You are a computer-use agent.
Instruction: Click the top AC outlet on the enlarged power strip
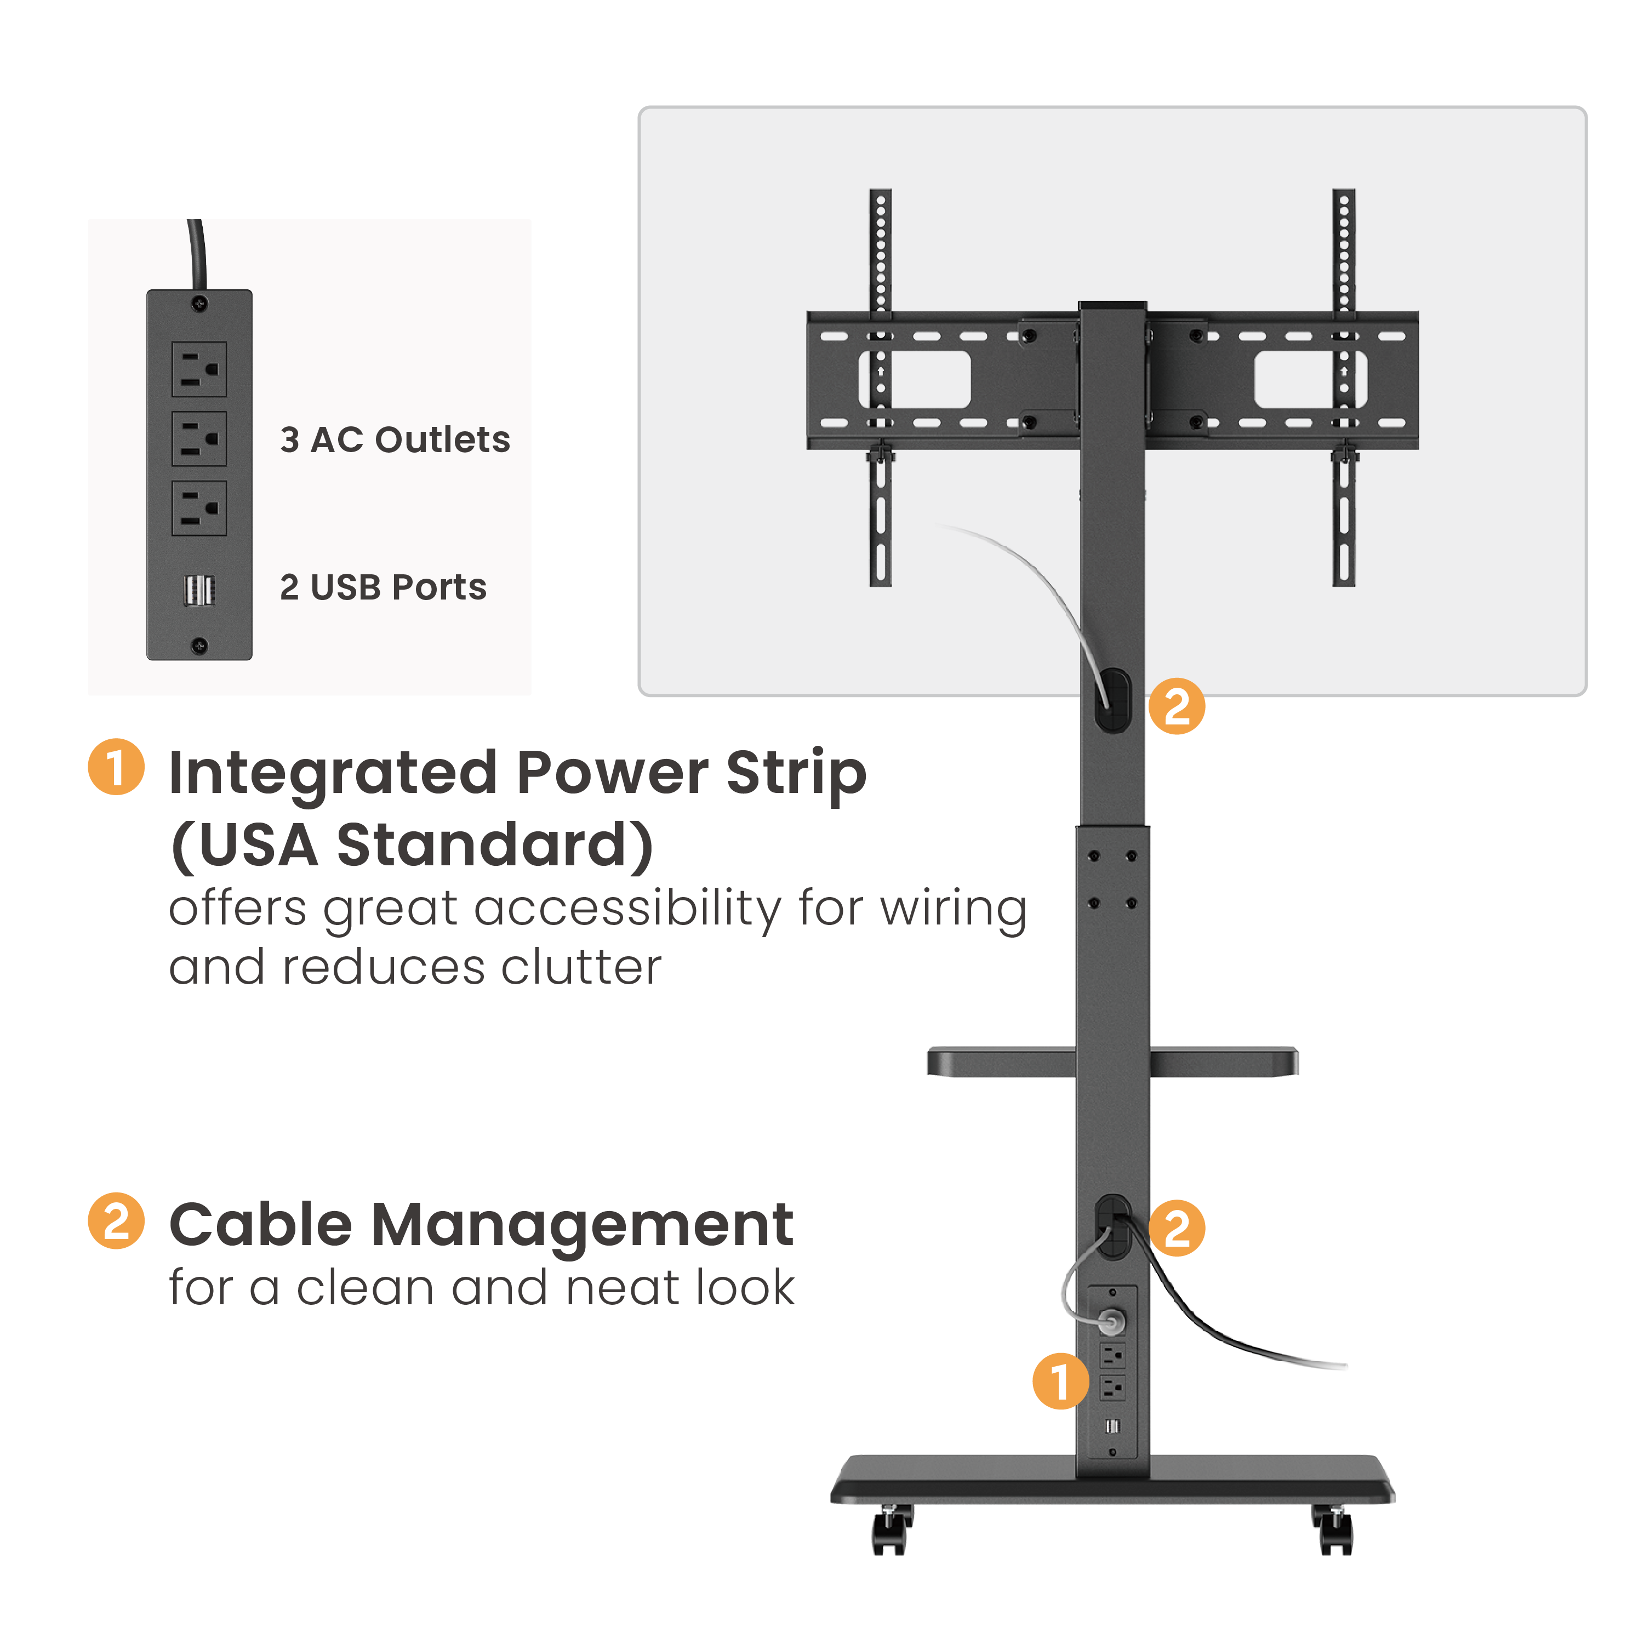pyautogui.click(x=199, y=369)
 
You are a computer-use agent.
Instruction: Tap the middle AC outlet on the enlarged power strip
pyautogui.click(x=199, y=439)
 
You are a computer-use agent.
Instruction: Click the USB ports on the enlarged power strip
pyautogui.click(x=199, y=590)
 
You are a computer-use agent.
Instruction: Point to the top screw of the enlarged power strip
pyautogui.click(x=199, y=304)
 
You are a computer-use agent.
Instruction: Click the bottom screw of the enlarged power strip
pyautogui.click(x=199, y=646)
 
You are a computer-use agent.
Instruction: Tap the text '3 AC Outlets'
pyautogui.click(x=395, y=440)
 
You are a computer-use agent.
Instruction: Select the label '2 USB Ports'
pyautogui.click(x=383, y=587)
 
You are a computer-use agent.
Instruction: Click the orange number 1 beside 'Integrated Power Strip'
pyautogui.click(x=116, y=767)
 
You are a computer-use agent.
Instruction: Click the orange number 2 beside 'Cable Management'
pyautogui.click(x=116, y=1220)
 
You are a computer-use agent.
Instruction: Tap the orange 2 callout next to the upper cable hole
pyautogui.click(x=1176, y=706)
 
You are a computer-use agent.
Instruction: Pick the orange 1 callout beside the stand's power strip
pyautogui.click(x=1059, y=1380)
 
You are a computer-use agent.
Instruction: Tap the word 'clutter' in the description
pyautogui.click(x=581, y=968)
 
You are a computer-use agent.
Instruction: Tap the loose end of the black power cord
pyautogui.click(x=1344, y=1367)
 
